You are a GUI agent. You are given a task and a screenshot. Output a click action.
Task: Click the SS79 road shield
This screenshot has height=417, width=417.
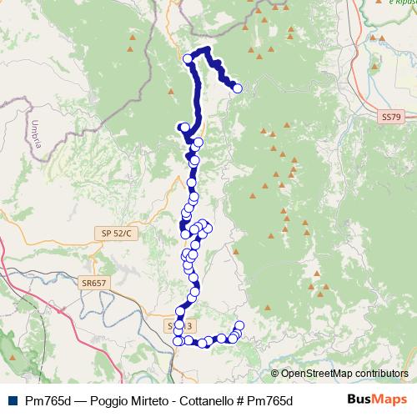click(389, 119)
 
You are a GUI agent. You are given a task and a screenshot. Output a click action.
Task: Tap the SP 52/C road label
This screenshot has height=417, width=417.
click(117, 233)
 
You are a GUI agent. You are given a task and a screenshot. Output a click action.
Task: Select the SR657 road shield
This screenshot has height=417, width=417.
click(94, 284)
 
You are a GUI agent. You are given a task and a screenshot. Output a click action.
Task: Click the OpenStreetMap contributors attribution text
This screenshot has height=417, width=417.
click(344, 374)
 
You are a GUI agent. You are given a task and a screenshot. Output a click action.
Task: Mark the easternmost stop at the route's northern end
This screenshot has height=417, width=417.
click(238, 88)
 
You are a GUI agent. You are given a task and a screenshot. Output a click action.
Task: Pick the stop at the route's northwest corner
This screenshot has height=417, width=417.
click(188, 59)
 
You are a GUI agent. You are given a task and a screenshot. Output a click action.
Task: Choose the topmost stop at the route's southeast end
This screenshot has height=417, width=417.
click(240, 325)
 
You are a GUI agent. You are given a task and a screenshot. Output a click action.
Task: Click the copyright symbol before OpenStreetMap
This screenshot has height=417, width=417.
click(275, 374)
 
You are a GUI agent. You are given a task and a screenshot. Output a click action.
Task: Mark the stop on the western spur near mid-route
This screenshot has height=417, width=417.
click(182, 127)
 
